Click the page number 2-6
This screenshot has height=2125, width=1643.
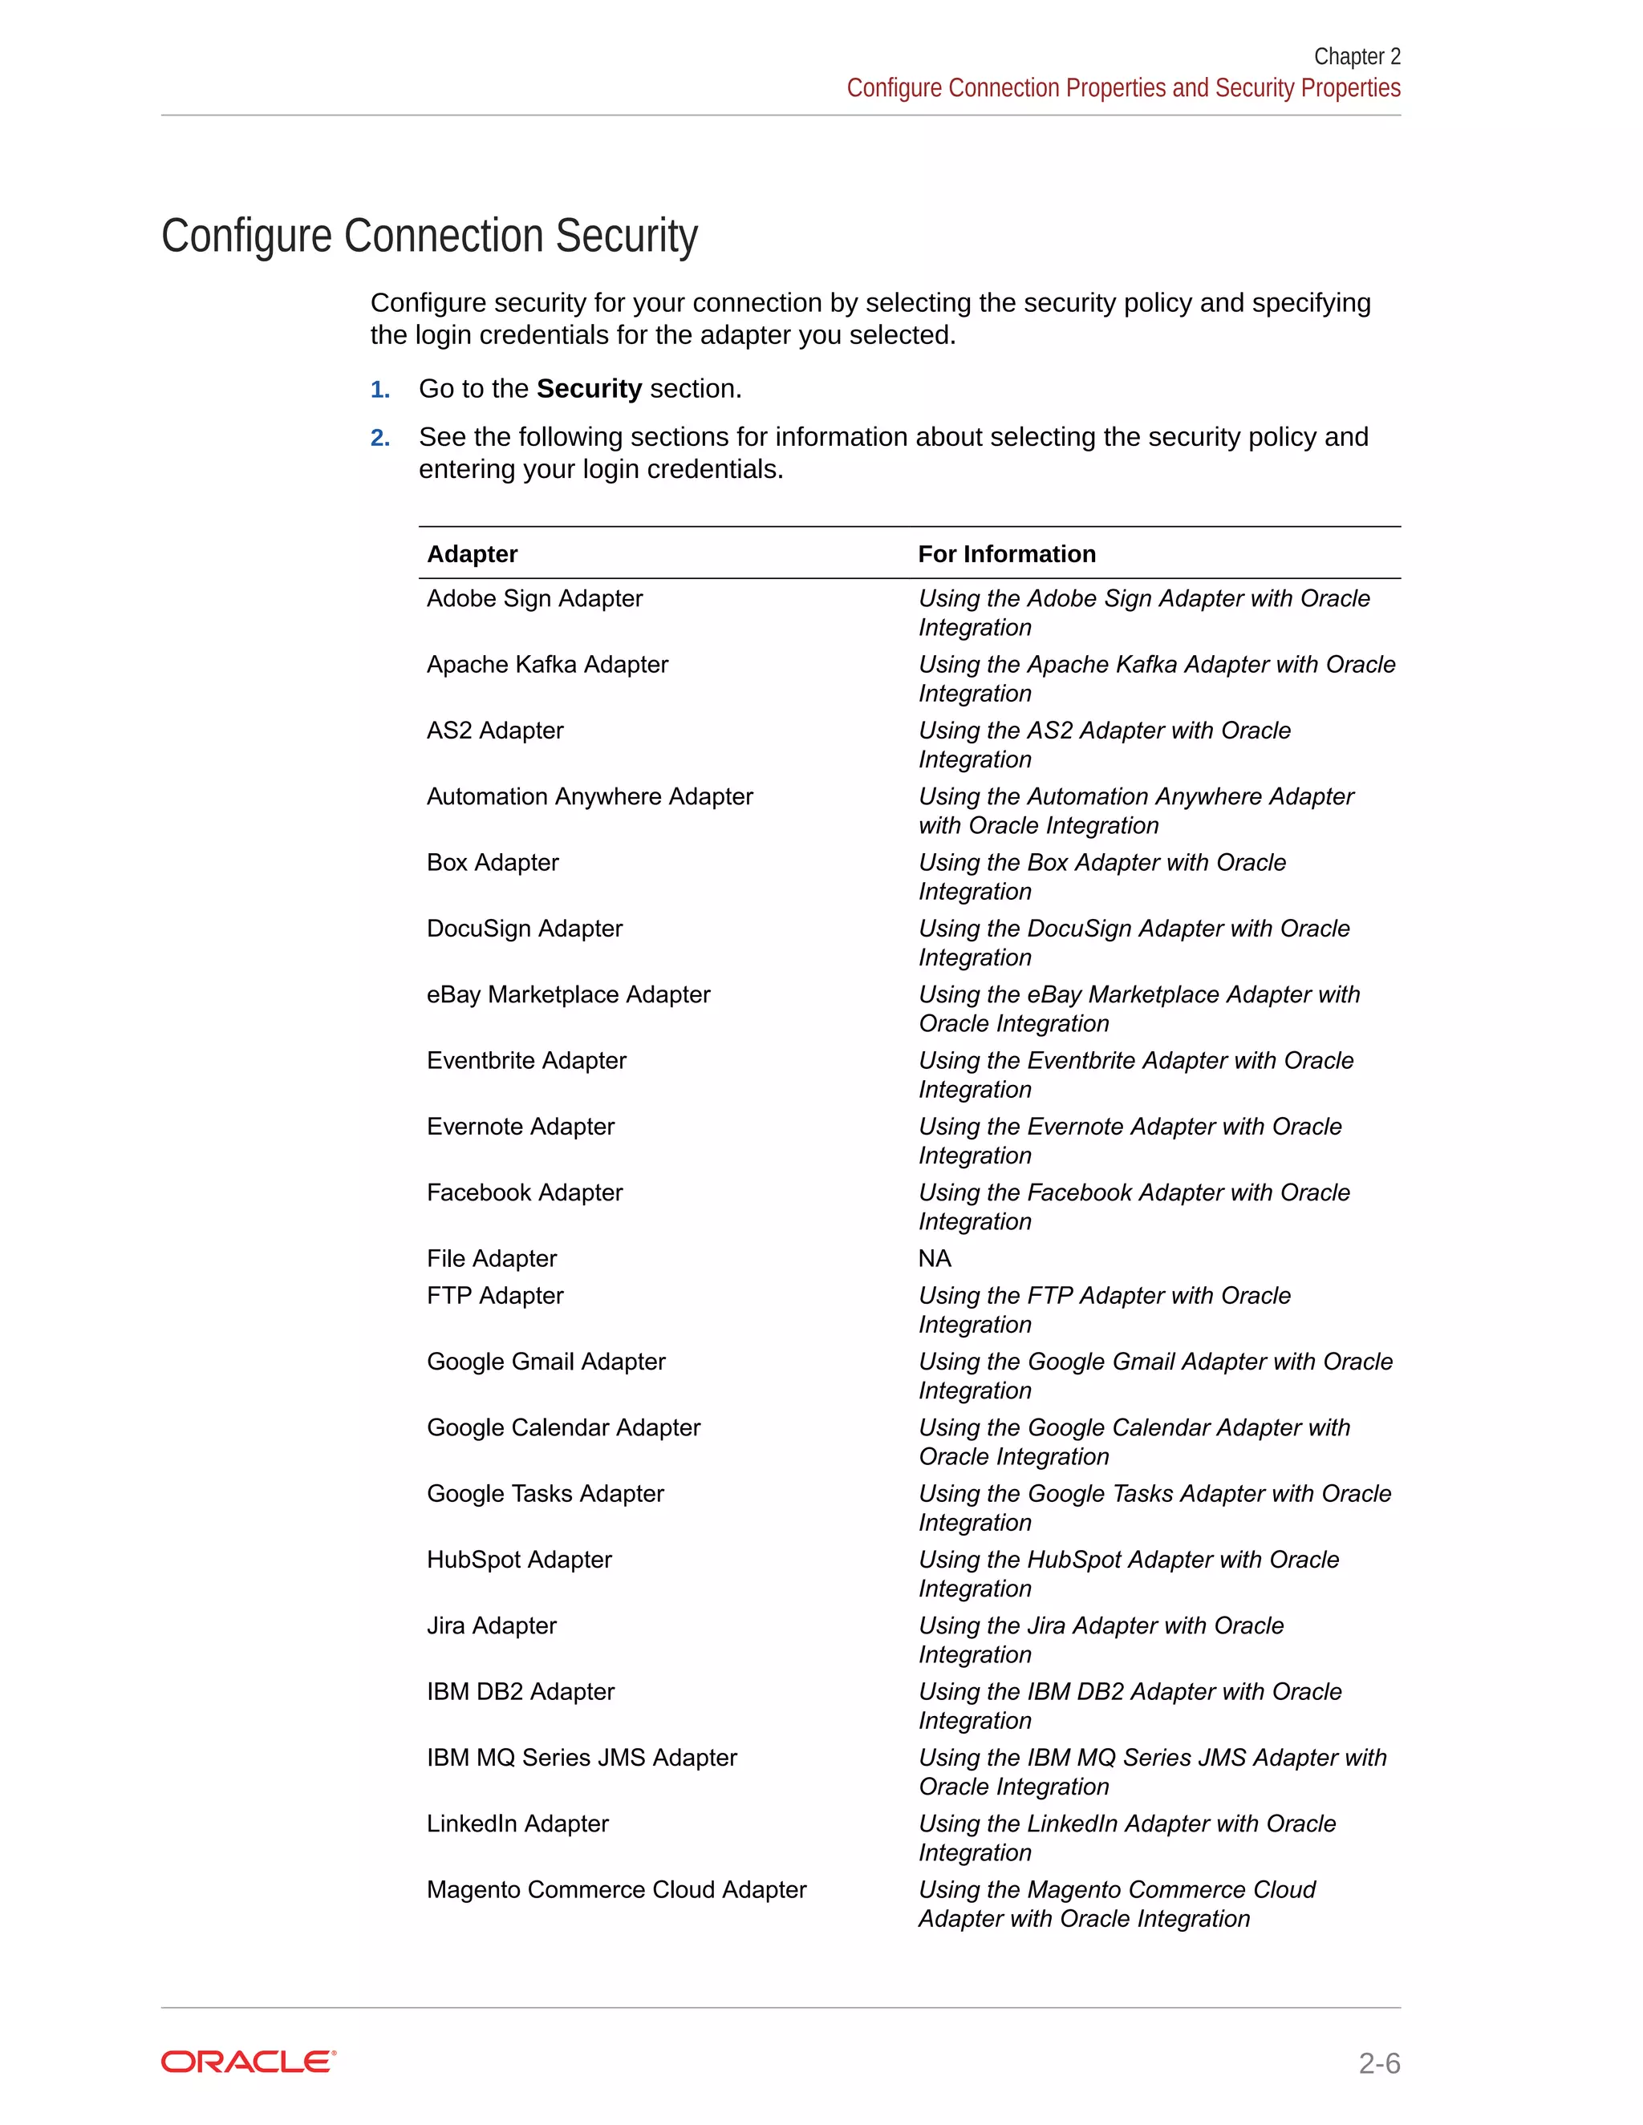coord(1378,2062)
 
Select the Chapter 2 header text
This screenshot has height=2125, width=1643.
coord(1356,56)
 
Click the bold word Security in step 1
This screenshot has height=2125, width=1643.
coord(588,389)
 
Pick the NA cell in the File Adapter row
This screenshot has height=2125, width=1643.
coord(935,1258)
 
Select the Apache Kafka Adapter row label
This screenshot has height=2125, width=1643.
coord(547,665)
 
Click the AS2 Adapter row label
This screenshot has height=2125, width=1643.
coord(494,731)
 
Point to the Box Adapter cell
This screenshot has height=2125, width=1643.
coord(493,863)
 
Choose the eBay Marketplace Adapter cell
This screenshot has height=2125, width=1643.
coord(569,994)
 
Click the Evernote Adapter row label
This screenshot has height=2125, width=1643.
coord(521,1127)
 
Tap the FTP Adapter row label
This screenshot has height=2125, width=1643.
coord(494,1296)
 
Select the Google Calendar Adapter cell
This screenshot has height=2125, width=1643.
coord(563,1427)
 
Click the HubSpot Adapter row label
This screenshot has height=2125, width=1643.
coord(519,1560)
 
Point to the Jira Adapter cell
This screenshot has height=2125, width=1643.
coord(492,1626)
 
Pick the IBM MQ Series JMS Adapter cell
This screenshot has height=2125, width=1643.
coord(581,1759)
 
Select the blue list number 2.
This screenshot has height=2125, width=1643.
coord(379,439)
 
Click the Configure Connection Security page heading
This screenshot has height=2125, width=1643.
coord(429,237)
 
